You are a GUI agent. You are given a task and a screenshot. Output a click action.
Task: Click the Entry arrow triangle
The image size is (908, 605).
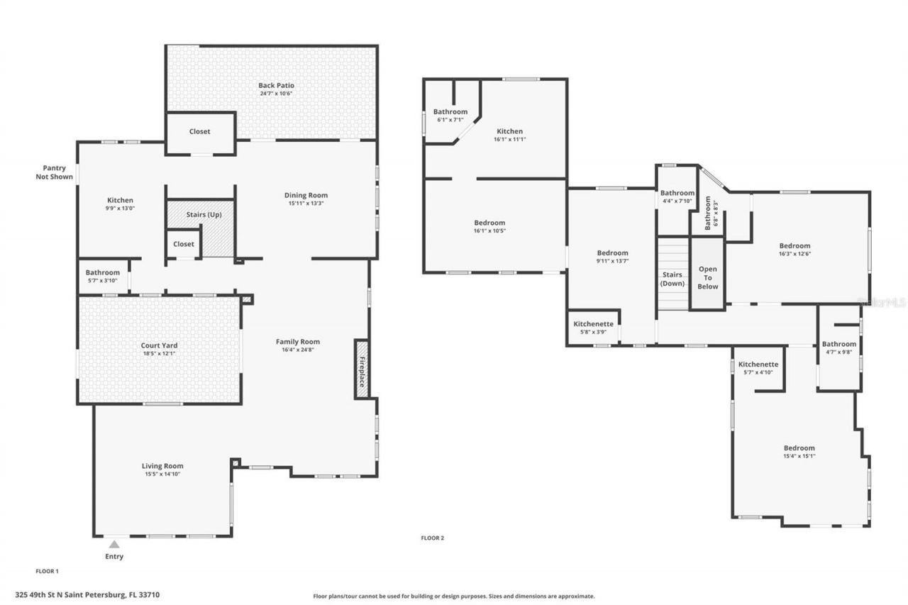pos(113,544)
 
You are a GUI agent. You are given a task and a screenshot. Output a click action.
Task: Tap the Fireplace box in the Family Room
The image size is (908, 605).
pos(362,369)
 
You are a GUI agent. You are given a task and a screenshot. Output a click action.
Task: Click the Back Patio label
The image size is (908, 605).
pos(276,85)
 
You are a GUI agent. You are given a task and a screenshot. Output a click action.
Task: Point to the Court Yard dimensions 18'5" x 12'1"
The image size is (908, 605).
pos(159,354)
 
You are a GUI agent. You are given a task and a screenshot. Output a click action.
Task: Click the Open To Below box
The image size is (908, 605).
pos(707,277)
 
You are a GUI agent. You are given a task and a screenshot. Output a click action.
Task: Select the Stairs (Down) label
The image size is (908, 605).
pos(672,279)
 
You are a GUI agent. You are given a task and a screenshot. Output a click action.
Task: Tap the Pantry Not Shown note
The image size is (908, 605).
pos(54,172)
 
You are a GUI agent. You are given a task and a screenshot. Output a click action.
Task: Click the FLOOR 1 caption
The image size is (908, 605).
pos(47,570)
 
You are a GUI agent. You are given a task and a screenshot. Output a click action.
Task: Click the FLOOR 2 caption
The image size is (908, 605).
pos(432,538)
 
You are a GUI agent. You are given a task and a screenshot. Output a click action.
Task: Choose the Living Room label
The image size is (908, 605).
pos(162,466)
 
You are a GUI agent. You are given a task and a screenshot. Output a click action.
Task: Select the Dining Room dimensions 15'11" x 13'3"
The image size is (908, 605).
pos(306,204)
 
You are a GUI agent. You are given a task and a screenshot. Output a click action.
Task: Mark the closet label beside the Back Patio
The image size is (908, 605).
pos(199,131)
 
